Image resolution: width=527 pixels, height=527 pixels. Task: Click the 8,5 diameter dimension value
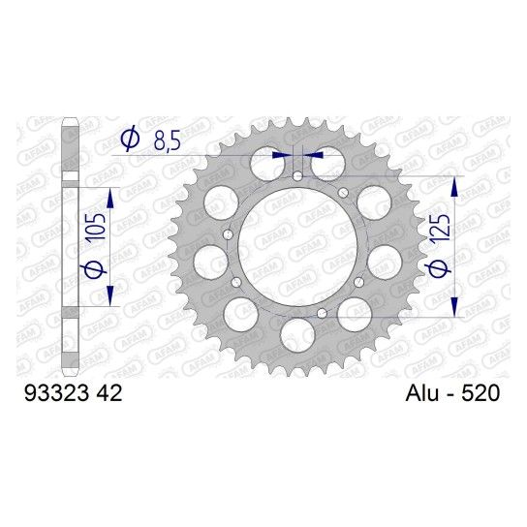[x=168, y=141]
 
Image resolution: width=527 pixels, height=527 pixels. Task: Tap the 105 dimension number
[x=96, y=227]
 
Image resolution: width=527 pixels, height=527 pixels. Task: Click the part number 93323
[x=57, y=393]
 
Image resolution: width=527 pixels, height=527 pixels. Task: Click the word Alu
[x=421, y=393]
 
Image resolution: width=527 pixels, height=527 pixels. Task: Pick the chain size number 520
[x=480, y=393]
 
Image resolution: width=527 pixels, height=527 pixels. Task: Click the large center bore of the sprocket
[x=297, y=246]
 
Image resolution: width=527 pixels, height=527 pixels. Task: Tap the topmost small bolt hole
[x=297, y=175]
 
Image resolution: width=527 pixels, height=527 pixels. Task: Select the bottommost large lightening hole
[x=297, y=336]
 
